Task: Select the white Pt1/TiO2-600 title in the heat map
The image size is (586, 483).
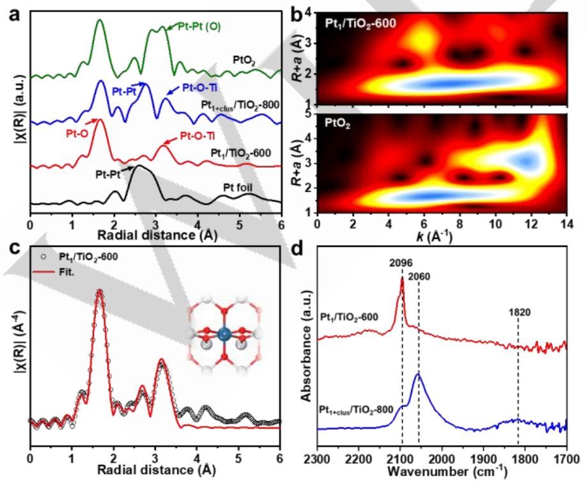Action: coord(361,22)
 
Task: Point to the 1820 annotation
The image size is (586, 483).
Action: coord(519,314)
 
